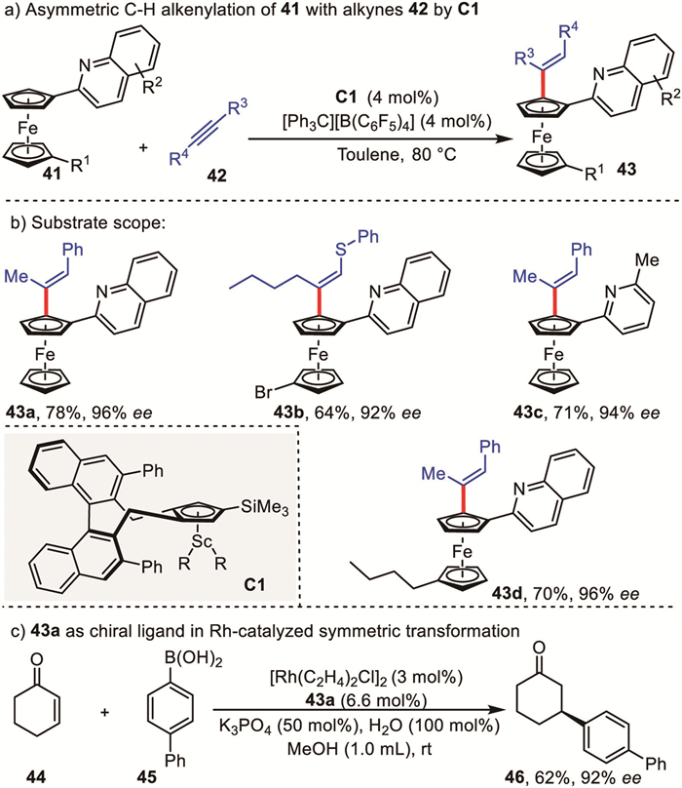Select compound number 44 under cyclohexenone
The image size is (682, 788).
(x=55, y=773)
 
